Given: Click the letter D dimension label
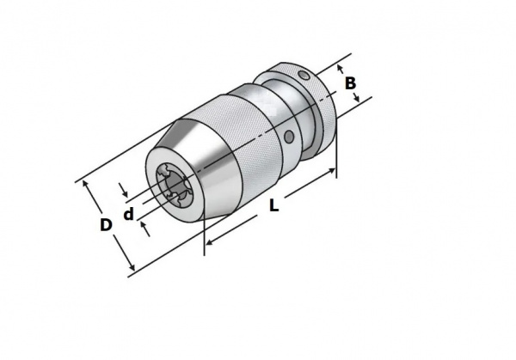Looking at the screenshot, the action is [x=106, y=225].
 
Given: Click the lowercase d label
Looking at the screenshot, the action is [x=129, y=214].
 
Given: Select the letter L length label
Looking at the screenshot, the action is [x=273, y=205].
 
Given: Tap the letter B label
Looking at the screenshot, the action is [x=351, y=83].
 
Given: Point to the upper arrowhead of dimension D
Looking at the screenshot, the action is [x=85, y=184].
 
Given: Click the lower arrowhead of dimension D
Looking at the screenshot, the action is [x=131, y=266].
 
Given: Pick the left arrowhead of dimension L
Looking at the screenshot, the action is [x=209, y=242].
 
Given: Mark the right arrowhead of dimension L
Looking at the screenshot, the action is [x=331, y=170].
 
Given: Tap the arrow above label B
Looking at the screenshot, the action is [x=341, y=69].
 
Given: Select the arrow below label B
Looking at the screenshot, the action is [x=356, y=97].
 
